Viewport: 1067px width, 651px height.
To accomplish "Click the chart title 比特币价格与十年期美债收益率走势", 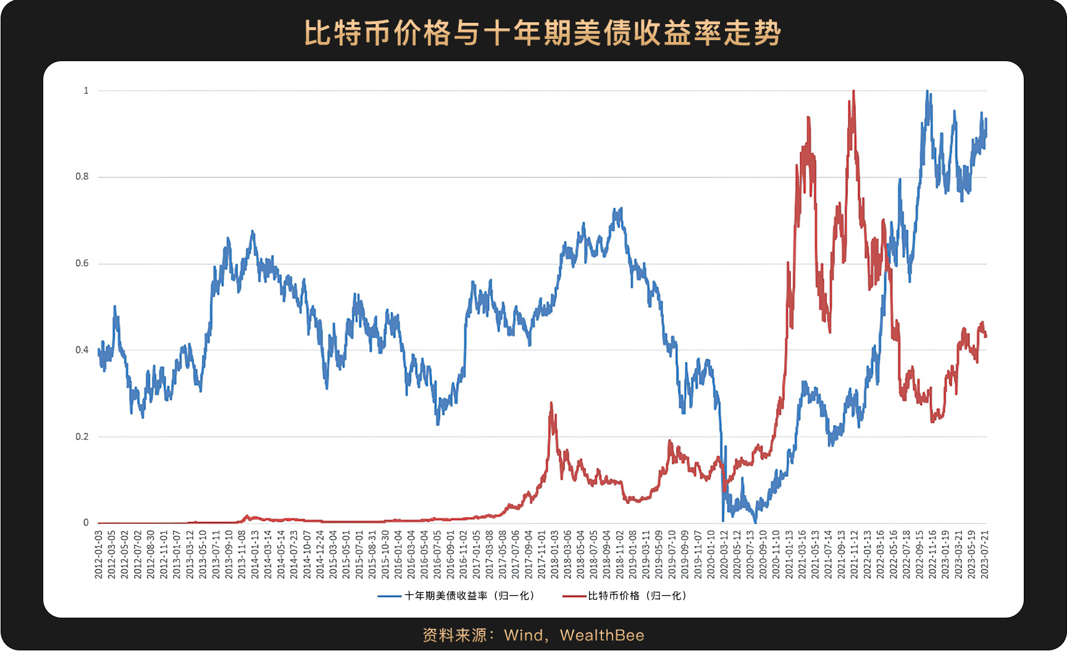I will [x=542, y=33].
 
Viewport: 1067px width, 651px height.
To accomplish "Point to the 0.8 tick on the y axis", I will [x=82, y=177].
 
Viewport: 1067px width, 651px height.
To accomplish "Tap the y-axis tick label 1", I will [x=86, y=91].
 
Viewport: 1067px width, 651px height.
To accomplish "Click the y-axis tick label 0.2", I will [x=82, y=437].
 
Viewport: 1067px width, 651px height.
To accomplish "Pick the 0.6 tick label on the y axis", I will [x=82, y=264].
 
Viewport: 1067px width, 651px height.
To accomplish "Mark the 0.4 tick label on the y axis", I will [x=82, y=350].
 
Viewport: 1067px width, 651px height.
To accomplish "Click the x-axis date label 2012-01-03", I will [x=98, y=554].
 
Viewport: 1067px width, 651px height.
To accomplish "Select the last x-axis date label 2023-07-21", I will [x=985, y=554].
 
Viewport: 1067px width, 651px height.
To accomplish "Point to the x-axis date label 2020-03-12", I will [x=724, y=554].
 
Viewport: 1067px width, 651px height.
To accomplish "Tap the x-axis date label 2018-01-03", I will [x=554, y=554].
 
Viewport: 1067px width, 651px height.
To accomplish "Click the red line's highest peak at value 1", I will [x=853, y=91].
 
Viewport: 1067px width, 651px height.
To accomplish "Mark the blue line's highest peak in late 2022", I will [x=927, y=92].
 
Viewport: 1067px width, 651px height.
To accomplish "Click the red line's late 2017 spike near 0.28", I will [x=551, y=403].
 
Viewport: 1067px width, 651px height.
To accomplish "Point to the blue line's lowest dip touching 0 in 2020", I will [x=755, y=523].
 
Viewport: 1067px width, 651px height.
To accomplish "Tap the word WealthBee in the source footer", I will [x=601, y=635].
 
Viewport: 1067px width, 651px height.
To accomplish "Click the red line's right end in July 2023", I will [x=986, y=336].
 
